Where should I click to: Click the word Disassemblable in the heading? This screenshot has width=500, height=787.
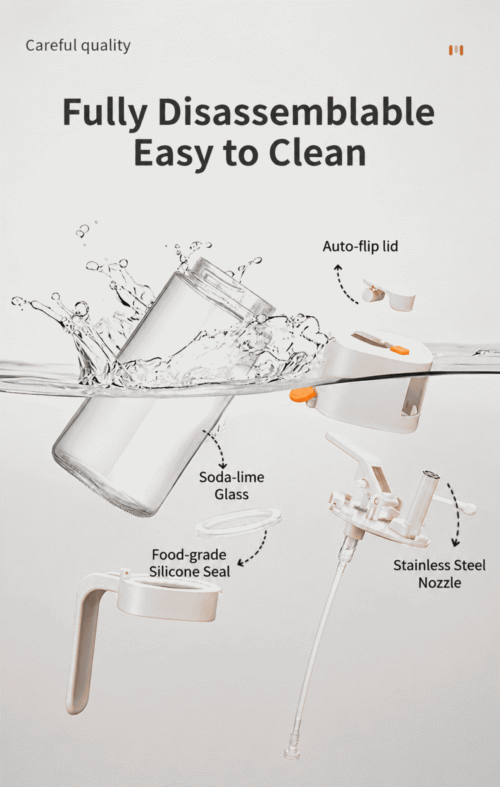tap(296, 112)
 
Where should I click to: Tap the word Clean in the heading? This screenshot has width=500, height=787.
tap(318, 153)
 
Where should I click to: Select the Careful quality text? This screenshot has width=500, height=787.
tap(78, 46)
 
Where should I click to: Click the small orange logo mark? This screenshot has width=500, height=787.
tap(456, 50)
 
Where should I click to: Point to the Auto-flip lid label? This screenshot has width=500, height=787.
tap(360, 246)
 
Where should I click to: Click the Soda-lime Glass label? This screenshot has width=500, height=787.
tap(232, 485)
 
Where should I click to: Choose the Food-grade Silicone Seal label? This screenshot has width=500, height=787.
tap(189, 563)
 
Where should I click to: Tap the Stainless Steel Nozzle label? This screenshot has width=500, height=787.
tap(439, 573)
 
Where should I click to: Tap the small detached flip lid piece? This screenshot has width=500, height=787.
tap(389, 295)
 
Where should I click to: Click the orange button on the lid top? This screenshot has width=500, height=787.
tap(399, 349)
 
